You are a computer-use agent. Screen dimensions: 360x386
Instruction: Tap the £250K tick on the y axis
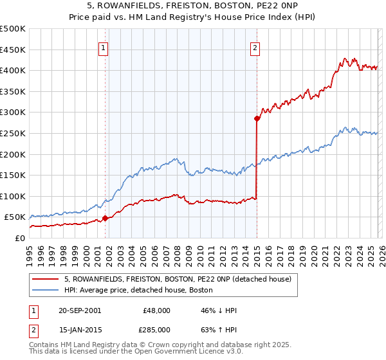click(x=13, y=133)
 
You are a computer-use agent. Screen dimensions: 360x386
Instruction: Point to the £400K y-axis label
click(x=13, y=70)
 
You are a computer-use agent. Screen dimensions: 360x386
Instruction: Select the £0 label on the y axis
click(x=19, y=238)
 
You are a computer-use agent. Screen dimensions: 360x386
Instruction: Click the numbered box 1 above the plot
click(x=104, y=47)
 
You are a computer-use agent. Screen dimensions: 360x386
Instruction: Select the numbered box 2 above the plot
click(x=255, y=47)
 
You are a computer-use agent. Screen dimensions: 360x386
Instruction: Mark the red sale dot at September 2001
click(x=105, y=218)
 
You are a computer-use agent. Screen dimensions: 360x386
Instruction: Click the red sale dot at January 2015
click(x=257, y=118)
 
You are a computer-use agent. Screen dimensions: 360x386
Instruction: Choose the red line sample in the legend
click(x=46, y=279)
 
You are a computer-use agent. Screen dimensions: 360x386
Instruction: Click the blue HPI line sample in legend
click(x=46, y=290)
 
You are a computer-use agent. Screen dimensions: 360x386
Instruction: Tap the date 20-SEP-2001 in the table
click(x=79, y=310)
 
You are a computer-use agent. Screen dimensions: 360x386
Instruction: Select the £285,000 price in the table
click(x=156, y=329)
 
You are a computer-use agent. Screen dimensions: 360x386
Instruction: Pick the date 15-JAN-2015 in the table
click(x=79, y=329)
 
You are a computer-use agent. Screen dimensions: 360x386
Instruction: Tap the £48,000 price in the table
click(x=156, y=310)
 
